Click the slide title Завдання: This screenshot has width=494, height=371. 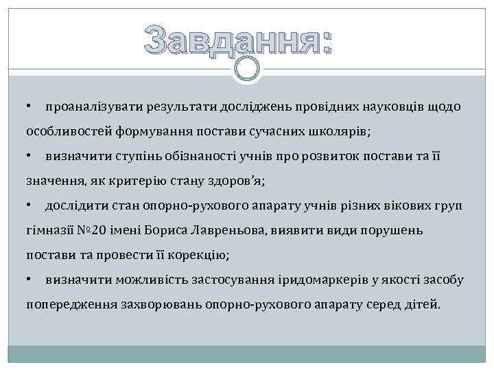[238, 39]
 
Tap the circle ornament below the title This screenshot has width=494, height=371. [247, 67]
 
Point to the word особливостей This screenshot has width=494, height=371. [64, 131]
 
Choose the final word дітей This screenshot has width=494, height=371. [422, 304]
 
